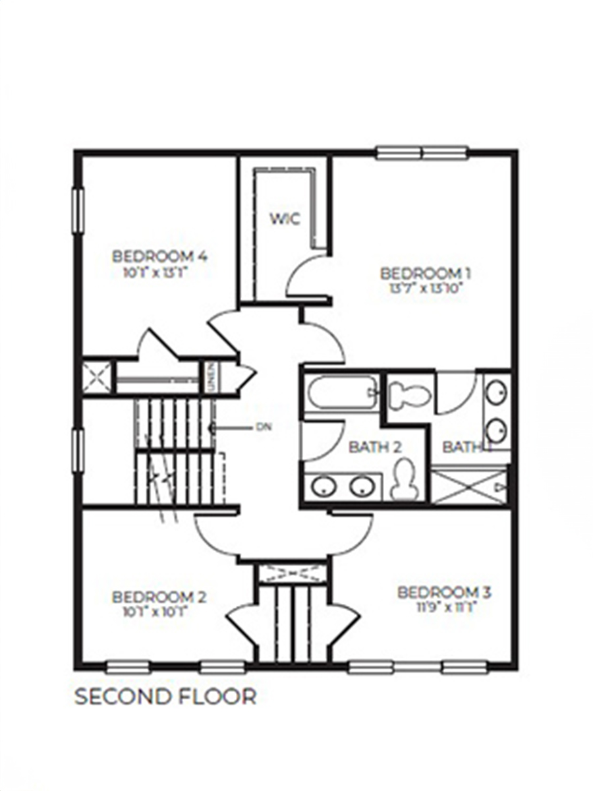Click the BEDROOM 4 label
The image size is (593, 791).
pyautogui.click(x=159, y=256)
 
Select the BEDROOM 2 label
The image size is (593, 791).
pyautogui.click(x=159, y=597)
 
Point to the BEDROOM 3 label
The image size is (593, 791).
pyautogui.click(x=444, y=592)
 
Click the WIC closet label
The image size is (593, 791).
pyautogui.click(x=285, y=219)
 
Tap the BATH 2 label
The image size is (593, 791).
pyautogui.click(x=375, y=447)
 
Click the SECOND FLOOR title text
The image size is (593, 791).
pyautogui.click(x=165, y=697)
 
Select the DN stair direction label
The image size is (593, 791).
pyautogui.click(x=263, y=426)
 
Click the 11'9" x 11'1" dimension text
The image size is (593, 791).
pyautogui.click(x=444, y=607)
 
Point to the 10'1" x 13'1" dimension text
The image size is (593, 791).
pyautogui.click(x=159, y=270)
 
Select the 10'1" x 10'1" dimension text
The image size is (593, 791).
pyautogui.click(x=159, y=612)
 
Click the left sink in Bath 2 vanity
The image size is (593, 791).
pyautogui.click(x=324, y=486)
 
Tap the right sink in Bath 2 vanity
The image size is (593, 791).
pyautogui.click(x=362, y=486)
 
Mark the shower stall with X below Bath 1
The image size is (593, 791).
pyautogui.click(x=469, y=486)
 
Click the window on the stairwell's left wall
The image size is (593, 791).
pyautogui.click(x=78, y=451)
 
